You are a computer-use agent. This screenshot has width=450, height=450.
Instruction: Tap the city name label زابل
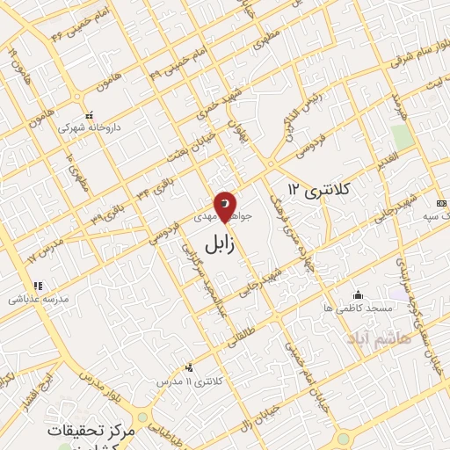coord(220,243)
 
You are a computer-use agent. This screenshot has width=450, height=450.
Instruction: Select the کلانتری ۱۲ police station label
coord(319,189)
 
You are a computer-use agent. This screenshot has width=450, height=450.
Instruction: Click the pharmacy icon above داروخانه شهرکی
coord(88,115)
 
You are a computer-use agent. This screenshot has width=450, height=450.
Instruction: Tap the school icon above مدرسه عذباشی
coord(37,286)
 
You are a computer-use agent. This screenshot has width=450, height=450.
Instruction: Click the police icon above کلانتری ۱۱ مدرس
coord(189,368)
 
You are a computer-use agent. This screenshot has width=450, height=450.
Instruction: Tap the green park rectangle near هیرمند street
coord(402,136)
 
